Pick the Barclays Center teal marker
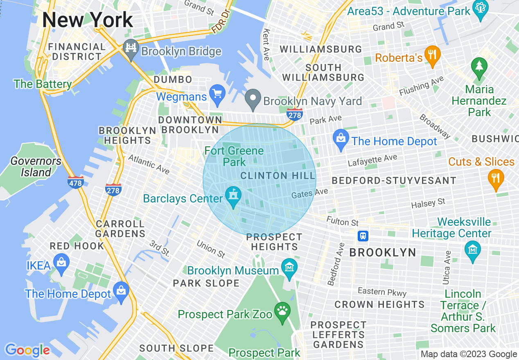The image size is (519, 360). (x=233, y=197)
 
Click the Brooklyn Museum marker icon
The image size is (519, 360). (x=289, y=269)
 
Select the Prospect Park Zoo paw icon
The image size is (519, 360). (x=282, y=313)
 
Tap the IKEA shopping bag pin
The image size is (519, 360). (x=61, y=265)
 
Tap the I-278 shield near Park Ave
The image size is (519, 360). (x=295, y=115)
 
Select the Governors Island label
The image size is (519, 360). (x=36, y=166)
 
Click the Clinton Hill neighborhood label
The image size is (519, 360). (x=278, y=176)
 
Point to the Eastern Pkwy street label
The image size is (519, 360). (x=382, y=292)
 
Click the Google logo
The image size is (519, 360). (x=27, y=350)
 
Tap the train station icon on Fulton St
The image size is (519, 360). (x=363, y=236)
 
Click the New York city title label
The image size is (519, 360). (x=88, y=20)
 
